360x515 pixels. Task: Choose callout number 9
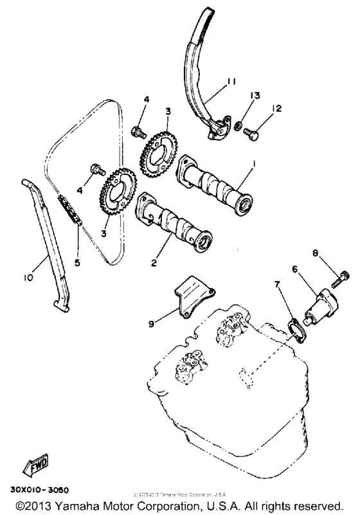click(x=151, y=323)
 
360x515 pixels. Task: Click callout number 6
click(x=296, y=271)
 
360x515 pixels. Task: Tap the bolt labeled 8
click(x=339, y=280)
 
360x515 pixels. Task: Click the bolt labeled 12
click(x=251, y=136)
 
